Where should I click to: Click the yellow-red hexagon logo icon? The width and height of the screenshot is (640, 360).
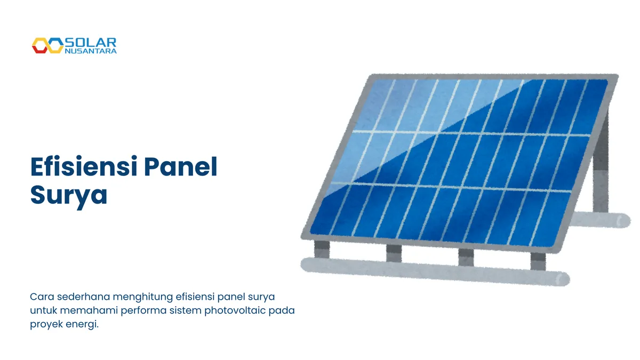[47, 46]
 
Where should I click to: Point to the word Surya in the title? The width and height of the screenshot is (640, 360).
[69, 195]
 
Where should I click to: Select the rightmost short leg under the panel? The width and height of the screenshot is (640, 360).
[538, 260]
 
